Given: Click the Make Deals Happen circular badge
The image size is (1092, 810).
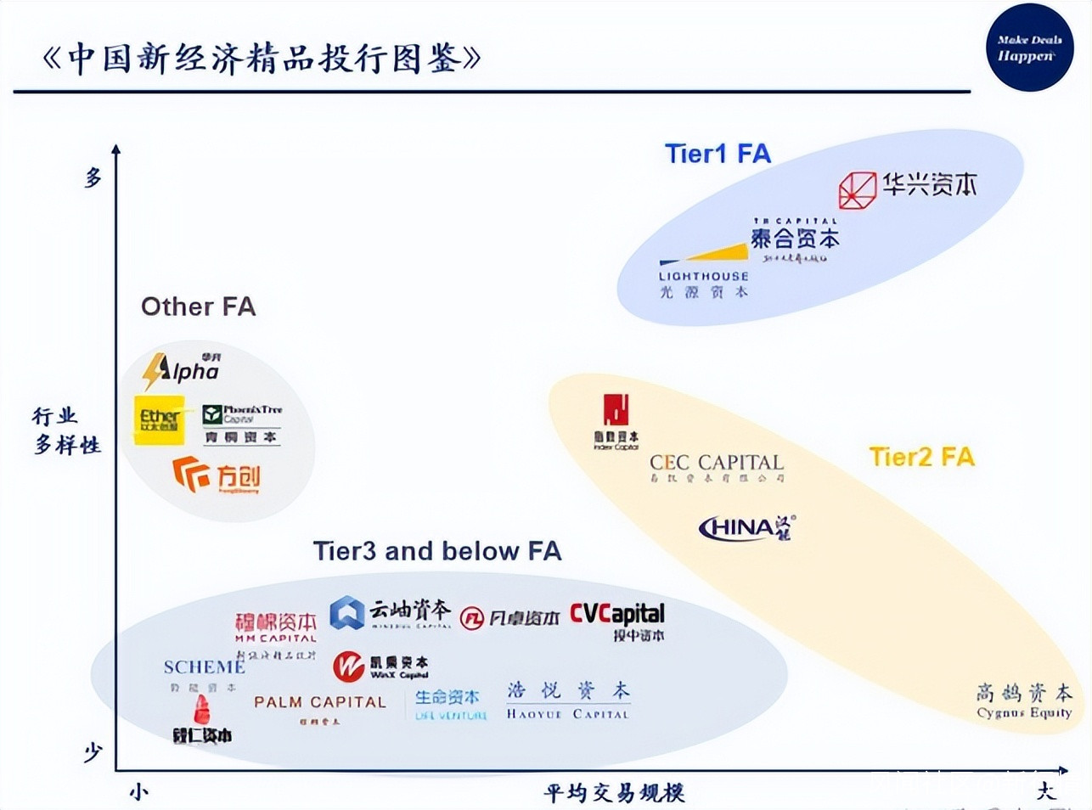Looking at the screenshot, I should coord(1029,48).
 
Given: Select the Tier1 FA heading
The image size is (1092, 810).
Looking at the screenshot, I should coord(718,154).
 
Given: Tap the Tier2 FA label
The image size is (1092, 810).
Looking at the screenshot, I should coord(921,457).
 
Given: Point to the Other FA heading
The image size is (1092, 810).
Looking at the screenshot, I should coord(198,307).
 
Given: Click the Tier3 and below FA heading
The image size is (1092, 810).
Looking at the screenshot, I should coord(437,551).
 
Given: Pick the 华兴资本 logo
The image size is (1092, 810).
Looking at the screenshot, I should coord(907,188).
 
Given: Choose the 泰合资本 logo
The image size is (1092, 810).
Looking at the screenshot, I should coord(795,239).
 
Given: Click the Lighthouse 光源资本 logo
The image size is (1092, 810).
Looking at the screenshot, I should coord(704,273).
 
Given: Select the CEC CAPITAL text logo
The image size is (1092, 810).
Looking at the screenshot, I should coord(716,466).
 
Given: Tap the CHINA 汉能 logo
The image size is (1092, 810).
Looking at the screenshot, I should coord(746,528).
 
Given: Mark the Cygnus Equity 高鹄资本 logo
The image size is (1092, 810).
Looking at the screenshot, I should coord(1024,700).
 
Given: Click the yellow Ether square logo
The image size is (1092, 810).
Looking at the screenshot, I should coord(159,419).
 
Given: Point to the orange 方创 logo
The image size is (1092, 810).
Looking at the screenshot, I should coord(217,475).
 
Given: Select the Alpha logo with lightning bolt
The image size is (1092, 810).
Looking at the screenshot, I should coord(182,370).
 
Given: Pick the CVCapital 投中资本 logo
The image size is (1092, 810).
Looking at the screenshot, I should coord(617,621).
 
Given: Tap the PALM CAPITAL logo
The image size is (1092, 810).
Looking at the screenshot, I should coord(319,706).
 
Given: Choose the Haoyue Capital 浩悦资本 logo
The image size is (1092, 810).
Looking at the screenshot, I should coord(568,700).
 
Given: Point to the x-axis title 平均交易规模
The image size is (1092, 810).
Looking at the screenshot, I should coord(614,793).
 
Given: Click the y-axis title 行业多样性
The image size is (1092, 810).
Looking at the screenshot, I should coord(66,430).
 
